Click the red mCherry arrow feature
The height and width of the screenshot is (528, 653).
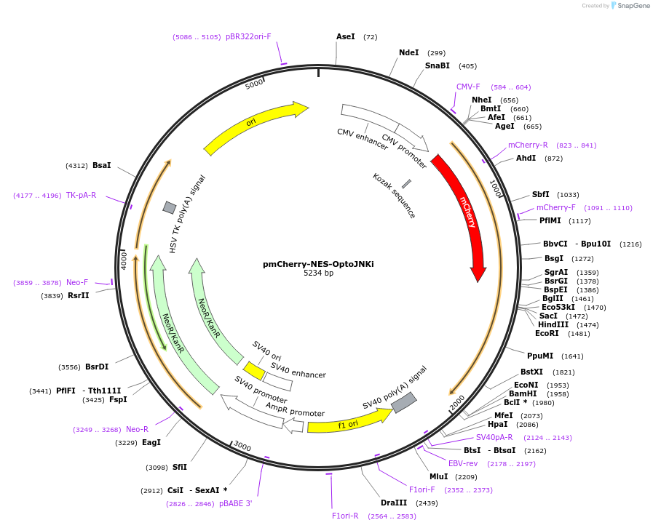[x=464, y=211]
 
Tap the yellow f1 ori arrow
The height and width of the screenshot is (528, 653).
[x=348, y=422]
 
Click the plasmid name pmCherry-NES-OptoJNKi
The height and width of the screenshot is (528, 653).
[x=318, y=264]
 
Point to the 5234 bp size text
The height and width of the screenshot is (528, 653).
[x=318, y=273]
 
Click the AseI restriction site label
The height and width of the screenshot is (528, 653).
[x=346, y=36]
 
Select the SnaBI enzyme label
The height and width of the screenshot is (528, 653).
[x=438, y=65]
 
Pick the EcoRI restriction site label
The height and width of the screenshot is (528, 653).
[x=547, y=333]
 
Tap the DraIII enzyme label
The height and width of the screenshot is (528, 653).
[x=394, y=503]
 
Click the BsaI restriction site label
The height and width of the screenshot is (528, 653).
[x=102, y=165]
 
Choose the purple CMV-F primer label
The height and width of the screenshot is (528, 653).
[x=468, y=87]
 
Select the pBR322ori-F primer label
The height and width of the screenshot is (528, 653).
[x=248, y=36]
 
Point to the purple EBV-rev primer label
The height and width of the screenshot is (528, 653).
[x=463, y=463]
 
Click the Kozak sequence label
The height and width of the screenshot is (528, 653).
[x=394, y=196]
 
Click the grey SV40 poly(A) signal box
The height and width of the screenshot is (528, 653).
[x=404, y=402]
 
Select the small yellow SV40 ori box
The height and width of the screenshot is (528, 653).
[x=254, y=371]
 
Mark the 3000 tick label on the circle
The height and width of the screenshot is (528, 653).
[x=242, y=447]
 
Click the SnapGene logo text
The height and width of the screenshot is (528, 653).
[x=630, y=6]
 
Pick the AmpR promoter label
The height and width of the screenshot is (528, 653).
[x=295, y=409]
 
